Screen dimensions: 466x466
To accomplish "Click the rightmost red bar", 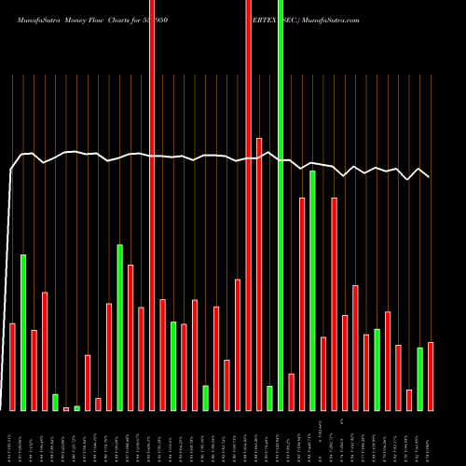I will (431, 377).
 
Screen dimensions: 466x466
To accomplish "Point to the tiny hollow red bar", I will (66, 408).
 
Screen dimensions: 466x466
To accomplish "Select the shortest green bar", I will (76, 407).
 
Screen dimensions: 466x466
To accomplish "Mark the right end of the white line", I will (430, 176).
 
